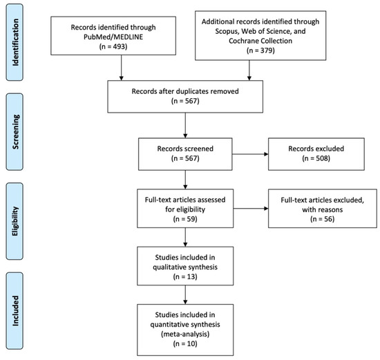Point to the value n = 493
(x=122, y=46)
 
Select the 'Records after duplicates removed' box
(x=184, y=93)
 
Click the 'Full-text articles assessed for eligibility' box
(x=184, y=209)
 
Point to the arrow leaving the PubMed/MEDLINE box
(x=122, y=66)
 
